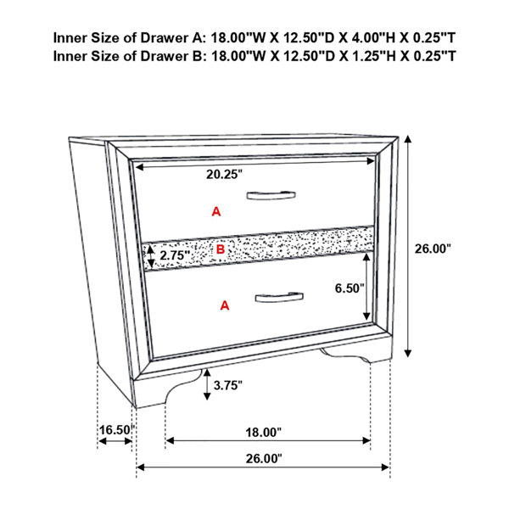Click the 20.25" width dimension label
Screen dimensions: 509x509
click(x=224, y=174)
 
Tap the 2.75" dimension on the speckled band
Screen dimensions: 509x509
click(x=174, y=255)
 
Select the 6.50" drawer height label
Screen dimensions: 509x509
click(x=350, y=288)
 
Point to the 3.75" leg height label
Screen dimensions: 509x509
click(x=228, y=385)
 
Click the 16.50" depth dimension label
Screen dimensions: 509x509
click(x=116, y=430)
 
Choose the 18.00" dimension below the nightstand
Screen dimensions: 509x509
click(x=263, y=433)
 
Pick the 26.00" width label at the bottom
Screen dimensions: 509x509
click(x=264, y=459)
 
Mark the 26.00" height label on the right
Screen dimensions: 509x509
click(x=433, y=249)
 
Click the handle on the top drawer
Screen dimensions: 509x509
click(x=271, y=195)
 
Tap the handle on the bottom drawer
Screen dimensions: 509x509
click(x=279, y=297)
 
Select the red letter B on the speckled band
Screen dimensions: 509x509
click(x=221, y=249)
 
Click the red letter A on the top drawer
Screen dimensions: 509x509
click(x=216, y=211)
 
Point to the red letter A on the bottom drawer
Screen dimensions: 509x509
click(x=225, y=305)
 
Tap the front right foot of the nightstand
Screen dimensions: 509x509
click(x=355, y=354)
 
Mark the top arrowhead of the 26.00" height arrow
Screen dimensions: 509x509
click(x=408, y=139)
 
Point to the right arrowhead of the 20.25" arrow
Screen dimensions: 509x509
click(x=371, y=161)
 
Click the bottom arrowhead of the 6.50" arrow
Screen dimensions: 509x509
click(x=366, y=316)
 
